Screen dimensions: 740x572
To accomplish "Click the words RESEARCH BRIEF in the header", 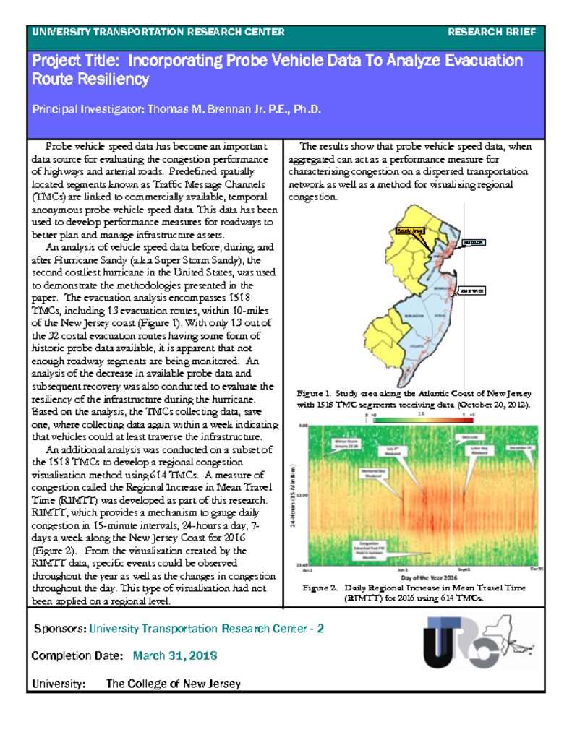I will pos(492,33).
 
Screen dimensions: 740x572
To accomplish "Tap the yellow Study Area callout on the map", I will pos(409,231).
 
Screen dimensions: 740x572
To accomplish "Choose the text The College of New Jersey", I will pos(174,684).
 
